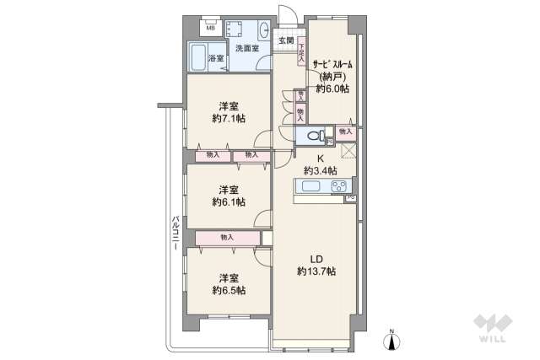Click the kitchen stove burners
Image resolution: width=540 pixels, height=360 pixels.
click(339, 186)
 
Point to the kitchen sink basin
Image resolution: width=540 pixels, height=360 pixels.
click(308, 186)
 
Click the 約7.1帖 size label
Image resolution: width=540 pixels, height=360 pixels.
click(229, 119)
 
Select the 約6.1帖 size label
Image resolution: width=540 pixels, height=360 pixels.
click(229, 201)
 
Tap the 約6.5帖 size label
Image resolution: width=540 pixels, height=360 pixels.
click(229, 289)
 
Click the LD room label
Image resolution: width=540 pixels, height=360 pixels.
click(316, 257)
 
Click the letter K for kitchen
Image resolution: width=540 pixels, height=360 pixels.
click(321, 158)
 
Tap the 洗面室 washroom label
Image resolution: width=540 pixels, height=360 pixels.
click(247, 48)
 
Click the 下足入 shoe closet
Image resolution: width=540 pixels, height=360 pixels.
click(300, 53)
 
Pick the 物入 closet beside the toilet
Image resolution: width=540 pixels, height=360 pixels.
click(345, 132)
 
